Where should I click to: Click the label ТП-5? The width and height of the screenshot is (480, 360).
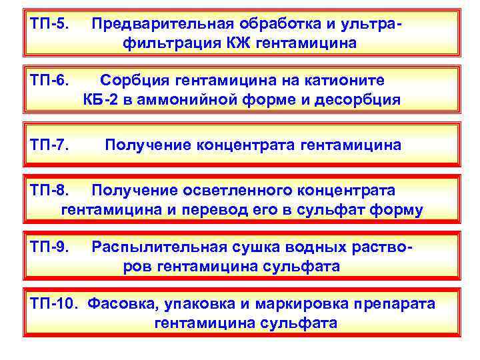coord(49,24)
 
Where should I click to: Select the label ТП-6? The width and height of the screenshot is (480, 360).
coord(49,81)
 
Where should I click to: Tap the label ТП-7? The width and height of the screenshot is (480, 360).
coord(49,145)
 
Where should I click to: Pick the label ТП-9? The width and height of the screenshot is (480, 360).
coord(49,247)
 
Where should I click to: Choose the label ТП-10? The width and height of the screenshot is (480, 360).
coord(54,303)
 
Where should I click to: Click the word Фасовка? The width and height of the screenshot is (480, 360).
coord(121,303)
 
